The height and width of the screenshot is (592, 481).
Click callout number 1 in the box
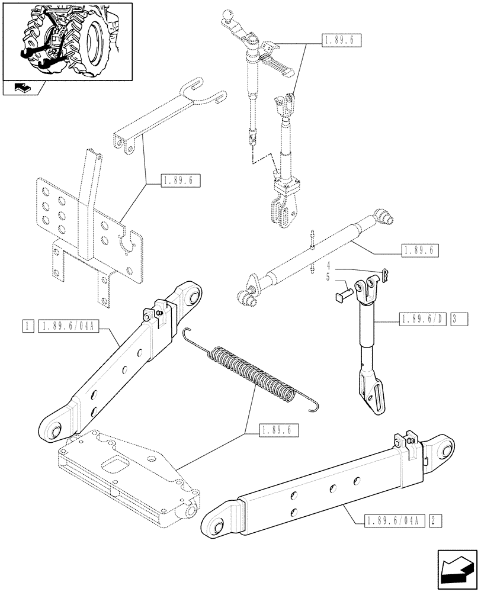(x=28, y=326)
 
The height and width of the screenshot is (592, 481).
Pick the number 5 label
(x=328, y=277)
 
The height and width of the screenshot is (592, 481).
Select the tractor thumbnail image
(x=66, y=41)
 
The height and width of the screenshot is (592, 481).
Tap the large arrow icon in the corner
(x=456, y=567)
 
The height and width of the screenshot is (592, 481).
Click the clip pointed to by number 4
(x=385, y=274)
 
